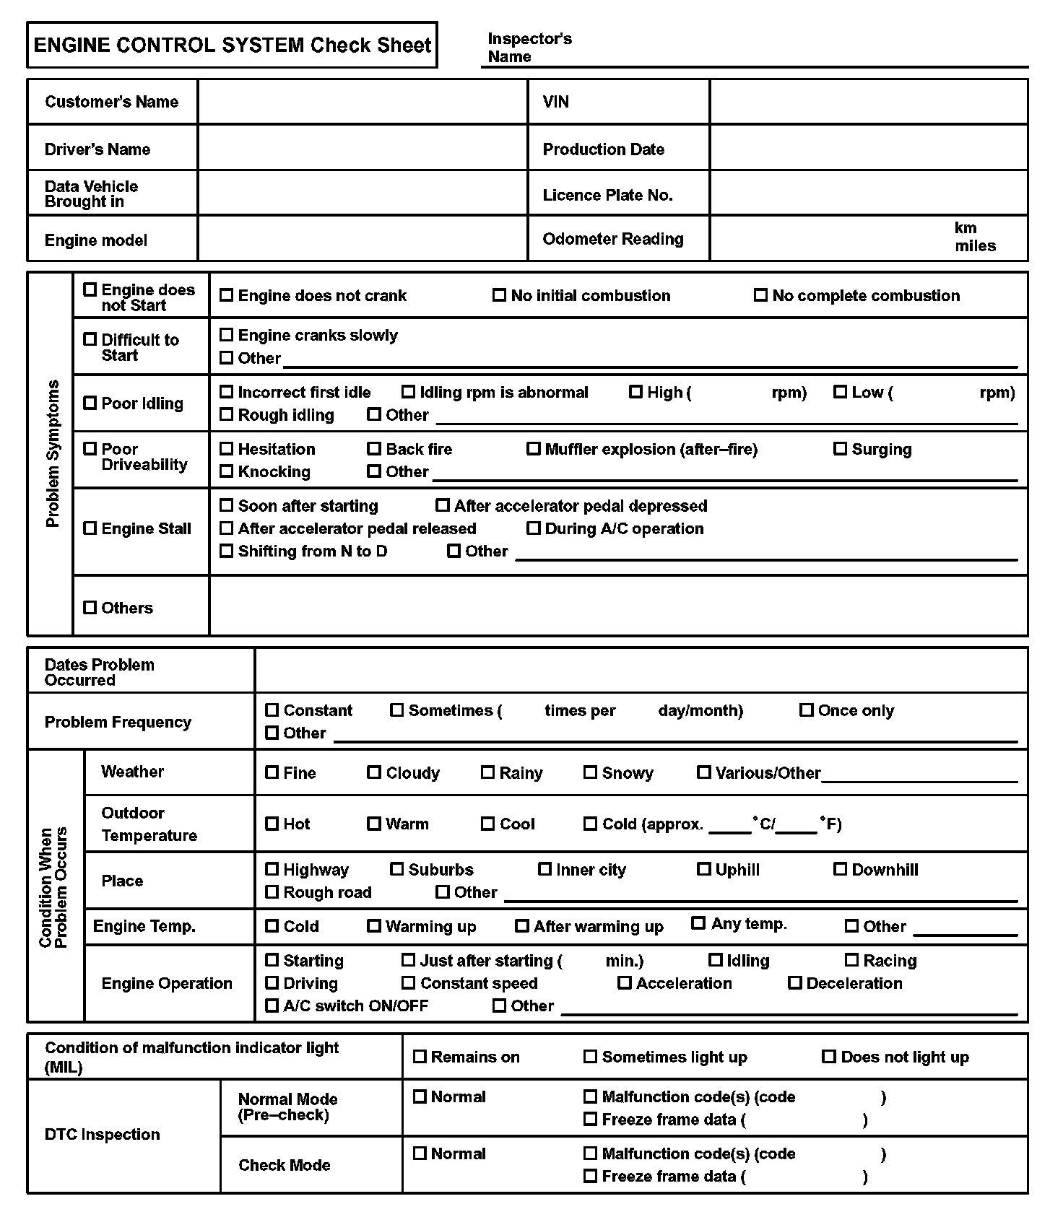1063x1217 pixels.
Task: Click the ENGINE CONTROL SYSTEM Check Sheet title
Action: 232,45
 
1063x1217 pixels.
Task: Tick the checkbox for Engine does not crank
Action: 227,295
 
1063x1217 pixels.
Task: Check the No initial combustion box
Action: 499,295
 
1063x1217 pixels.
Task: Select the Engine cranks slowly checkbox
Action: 227,335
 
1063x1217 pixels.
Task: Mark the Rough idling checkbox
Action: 227,414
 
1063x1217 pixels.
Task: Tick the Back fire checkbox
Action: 374,449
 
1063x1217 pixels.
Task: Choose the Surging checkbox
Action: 840,449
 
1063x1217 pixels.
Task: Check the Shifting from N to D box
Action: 227,551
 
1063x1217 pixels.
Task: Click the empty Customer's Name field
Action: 363,102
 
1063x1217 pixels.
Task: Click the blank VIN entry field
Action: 868,102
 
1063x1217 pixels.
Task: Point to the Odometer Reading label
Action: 612,239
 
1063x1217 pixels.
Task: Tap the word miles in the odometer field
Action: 975,246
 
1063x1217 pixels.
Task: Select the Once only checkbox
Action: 807,710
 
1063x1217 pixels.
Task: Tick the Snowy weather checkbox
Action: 591,772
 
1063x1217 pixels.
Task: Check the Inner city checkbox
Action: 545,869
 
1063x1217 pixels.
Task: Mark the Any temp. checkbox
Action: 698,923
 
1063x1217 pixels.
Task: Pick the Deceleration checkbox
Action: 795,983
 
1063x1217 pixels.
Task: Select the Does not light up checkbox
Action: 829,1057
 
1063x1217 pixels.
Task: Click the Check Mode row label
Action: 285,1165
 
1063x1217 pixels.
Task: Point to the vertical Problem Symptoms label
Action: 53,453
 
